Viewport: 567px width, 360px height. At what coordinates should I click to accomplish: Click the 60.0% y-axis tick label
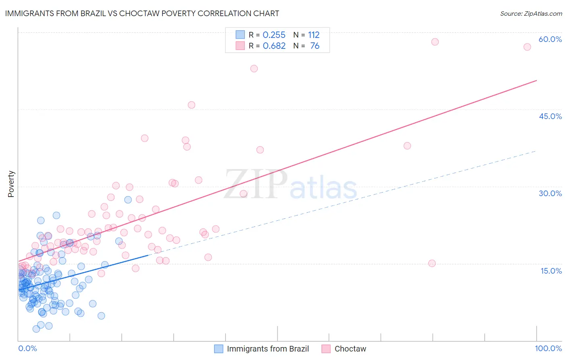coord(550,39)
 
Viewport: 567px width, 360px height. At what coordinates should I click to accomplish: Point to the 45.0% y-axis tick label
coord(550,116)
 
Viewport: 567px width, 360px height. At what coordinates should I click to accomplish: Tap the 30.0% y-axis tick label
coord(550,193)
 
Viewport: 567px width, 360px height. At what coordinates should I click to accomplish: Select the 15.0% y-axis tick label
coord(551,271)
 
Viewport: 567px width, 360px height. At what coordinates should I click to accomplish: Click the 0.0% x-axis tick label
coord(27,348)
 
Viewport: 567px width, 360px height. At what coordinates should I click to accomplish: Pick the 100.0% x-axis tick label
coord(548,348)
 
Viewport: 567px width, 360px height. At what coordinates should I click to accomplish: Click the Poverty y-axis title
coord(11,184)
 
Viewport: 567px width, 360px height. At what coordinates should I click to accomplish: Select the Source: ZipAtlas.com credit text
coord(531,13)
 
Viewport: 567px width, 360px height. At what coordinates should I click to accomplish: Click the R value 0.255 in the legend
coord(274,35)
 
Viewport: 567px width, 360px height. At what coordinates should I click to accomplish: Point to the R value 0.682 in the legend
coord(274,46)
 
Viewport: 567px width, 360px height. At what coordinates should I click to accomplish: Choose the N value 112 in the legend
coord(314,35)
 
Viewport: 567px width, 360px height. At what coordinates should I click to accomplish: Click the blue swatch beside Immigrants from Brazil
coord(219,349)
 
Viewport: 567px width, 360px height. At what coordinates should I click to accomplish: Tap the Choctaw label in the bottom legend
coord(350,349)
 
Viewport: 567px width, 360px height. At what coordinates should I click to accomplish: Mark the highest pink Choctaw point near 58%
coord(435,42)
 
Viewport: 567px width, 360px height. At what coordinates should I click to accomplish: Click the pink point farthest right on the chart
coord(527,47)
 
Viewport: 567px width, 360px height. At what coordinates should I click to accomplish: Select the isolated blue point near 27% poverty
coord(128,200)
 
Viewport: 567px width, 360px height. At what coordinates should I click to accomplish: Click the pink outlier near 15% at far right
coord(432,263)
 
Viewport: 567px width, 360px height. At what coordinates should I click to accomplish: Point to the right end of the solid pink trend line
coord(536,81)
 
